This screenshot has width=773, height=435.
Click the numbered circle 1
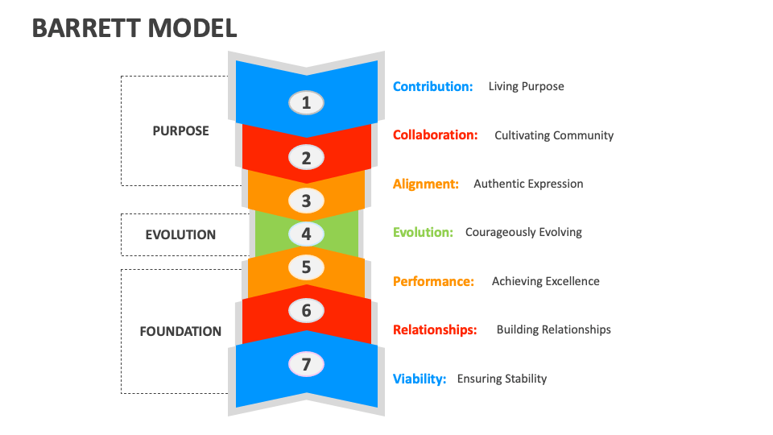click(306, 102)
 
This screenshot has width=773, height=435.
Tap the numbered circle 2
click(306, 158)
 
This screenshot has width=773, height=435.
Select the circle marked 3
click(306, 200)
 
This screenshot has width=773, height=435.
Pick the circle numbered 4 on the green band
click(306, 234)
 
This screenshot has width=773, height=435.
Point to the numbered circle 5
click(306, 267)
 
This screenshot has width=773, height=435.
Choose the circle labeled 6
click(306, 310)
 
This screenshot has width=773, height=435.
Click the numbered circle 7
click(306, 364)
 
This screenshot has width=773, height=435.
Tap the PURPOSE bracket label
click(180, 130)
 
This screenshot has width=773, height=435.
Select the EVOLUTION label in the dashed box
click(180, 235)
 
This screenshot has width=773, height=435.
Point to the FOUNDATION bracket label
click(180, 331)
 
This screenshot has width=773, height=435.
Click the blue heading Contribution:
click(432, 86)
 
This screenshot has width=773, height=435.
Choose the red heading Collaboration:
click(435, 135)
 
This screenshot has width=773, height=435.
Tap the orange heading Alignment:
click(426, 184)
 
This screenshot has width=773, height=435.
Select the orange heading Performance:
click(433, 281)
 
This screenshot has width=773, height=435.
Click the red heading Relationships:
click(435, 329)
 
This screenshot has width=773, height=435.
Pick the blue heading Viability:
click(420, 379)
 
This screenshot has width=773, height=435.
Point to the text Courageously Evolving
click(523, 232)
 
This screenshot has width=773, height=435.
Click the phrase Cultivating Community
click(554, 135)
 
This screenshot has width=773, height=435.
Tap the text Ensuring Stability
click(502, 379)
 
